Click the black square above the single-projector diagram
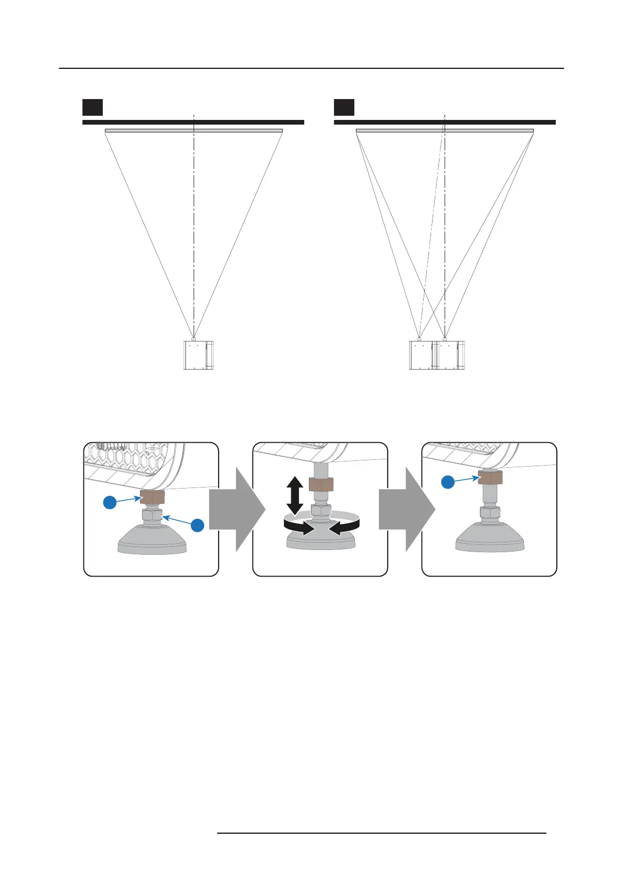point(92,107)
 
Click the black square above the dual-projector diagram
point(344,107)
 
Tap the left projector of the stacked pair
point(421,355)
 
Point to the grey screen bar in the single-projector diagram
point(194,130)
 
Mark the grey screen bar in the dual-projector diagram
point(445,130)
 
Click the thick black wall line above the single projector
point(193,122)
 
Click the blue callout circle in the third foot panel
point(447,482)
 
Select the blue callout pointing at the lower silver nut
point(197,526)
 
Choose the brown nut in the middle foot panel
point(321,484)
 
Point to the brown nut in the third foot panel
point(489,476)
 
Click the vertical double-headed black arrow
point(295,496)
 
